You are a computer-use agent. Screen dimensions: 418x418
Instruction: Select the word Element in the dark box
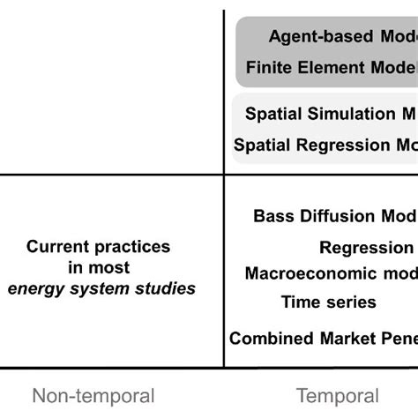tap(325, 67)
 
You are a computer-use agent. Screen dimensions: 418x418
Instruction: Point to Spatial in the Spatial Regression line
tap(262, 146)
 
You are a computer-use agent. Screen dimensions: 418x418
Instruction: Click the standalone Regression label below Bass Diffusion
tap(366, 248)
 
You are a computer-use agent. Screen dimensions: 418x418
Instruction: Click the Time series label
tap(328, 302)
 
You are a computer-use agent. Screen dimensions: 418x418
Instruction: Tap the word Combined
tap(269, 338)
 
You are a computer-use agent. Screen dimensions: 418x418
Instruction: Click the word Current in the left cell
tap(59, 247)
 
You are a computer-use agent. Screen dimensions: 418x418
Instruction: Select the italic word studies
tap(167, 288)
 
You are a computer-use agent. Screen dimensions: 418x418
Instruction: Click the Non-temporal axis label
tap(93, 396)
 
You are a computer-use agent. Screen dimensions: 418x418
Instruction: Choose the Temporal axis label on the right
tap(337, 396)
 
